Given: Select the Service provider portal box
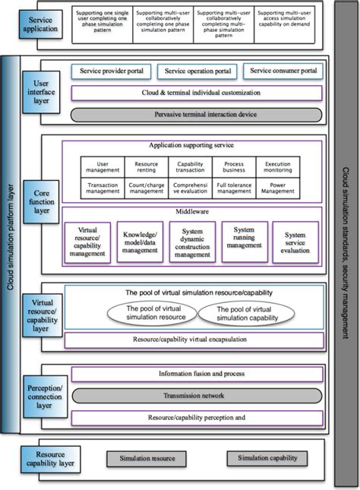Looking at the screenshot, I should click(112, 71).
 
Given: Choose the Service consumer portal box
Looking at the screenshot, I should click(283, 71).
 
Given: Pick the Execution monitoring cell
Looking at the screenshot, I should click(277, 166).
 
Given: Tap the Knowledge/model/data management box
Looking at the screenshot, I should click(141, 242).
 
